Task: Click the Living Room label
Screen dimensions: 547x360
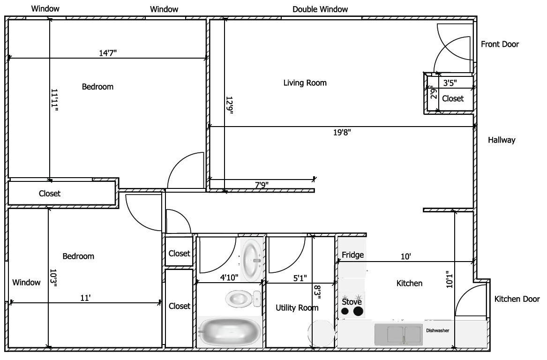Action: tap(305, 83)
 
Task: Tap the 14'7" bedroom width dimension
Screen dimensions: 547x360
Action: tap(108, 53)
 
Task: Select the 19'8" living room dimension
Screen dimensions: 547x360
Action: tap(342, 132)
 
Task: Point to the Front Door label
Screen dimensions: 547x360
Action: tap(500, 45)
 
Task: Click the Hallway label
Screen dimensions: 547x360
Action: tap(502, 140)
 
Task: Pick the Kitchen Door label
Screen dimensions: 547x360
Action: tap(517, 299)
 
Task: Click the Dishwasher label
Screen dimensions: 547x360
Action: tap(437, 330)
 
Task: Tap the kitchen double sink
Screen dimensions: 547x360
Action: tap(397, 334)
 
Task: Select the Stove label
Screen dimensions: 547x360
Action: tap(352, 302)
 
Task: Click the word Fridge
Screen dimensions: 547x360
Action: tap(352, 255)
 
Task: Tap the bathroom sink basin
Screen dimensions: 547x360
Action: tap(252, 260)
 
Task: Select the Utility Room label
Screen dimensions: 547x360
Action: tap(297, 307)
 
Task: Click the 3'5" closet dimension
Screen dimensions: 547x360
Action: tap(450, 83)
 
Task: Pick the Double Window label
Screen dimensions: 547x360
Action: tap(320, 9)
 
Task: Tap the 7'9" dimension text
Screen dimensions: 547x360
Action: tap(262, 185)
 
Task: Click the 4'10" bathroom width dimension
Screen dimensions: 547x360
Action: tap(229, 277)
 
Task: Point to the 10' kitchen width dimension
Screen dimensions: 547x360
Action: tap(406, 257)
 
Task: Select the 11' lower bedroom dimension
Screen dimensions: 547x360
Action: tap(85, 298)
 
